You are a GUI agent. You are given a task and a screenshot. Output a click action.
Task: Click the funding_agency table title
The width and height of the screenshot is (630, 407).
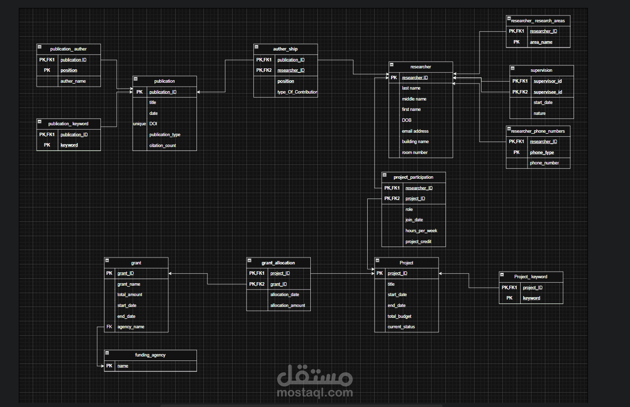tap(150, 355)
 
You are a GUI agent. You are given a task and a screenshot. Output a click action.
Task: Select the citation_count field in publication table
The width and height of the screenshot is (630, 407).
tap(163, 146)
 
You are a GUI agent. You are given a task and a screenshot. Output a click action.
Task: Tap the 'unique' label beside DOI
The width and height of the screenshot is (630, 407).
tap(139, 124)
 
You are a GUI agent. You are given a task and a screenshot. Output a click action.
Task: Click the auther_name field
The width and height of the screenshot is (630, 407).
tap(73, 81)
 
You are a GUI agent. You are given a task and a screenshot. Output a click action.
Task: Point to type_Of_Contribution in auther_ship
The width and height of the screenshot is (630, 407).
tap(297, 92)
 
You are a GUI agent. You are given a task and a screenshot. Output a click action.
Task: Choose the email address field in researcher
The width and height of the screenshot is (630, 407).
tap(415, 131)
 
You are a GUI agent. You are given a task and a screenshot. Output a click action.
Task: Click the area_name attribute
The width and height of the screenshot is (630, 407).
tap(541, 42)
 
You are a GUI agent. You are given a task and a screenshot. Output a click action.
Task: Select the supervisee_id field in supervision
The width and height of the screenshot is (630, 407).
tap(547, 92)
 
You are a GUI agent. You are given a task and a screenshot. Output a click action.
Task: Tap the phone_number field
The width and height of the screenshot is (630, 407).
tap(544, 163)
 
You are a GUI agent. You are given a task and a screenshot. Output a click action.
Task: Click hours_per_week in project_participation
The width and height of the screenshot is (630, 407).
tap(421, 231)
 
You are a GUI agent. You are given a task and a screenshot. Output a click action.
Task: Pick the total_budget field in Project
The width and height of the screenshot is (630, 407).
tap(399, 316)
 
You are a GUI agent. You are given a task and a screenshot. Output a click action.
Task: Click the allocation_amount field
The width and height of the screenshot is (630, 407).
tap(288, 305)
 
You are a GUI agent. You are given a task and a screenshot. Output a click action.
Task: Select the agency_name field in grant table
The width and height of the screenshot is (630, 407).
tap(131, 327)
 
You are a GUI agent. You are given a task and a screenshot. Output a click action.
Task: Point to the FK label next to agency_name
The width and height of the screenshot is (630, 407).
tap(109, 327)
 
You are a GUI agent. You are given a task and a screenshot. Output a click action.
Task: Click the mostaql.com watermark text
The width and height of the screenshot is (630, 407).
tap(315, 393)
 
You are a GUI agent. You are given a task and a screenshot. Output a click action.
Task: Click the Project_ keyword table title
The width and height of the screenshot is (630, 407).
tap(531, 277)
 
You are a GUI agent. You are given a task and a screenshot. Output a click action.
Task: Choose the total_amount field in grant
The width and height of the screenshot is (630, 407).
tap(130, 295)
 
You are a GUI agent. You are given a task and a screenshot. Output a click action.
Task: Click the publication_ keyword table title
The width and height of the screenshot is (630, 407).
tap(68, 124)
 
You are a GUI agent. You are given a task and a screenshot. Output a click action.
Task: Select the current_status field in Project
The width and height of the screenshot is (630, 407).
tap(401, 327)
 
